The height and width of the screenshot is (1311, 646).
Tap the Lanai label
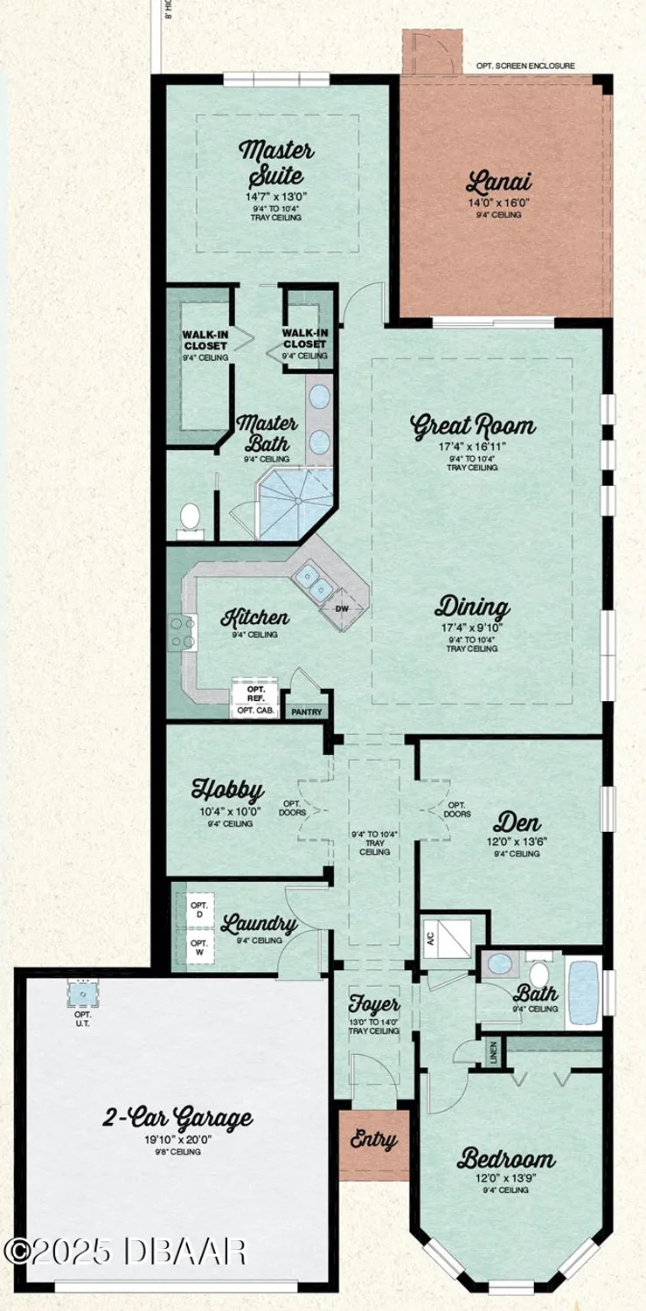[498, 184]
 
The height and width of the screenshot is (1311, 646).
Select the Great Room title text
[473, 427]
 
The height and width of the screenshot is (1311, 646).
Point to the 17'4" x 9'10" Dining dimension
[473, 628]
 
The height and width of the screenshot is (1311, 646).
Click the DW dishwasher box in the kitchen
[342, 608]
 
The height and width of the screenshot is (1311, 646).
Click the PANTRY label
[306, 711]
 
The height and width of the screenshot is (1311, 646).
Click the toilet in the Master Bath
[189, 518]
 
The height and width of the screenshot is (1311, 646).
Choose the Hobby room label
[227, 791]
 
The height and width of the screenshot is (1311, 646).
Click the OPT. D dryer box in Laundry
[199, 910]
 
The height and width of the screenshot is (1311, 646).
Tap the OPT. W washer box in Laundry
[199, 948]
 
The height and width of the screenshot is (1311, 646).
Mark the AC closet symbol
[447, 938]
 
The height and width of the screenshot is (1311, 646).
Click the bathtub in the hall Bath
[583, 994]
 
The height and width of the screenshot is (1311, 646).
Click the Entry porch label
[374, 1141]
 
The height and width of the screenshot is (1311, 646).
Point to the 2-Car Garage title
[179, 1118]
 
